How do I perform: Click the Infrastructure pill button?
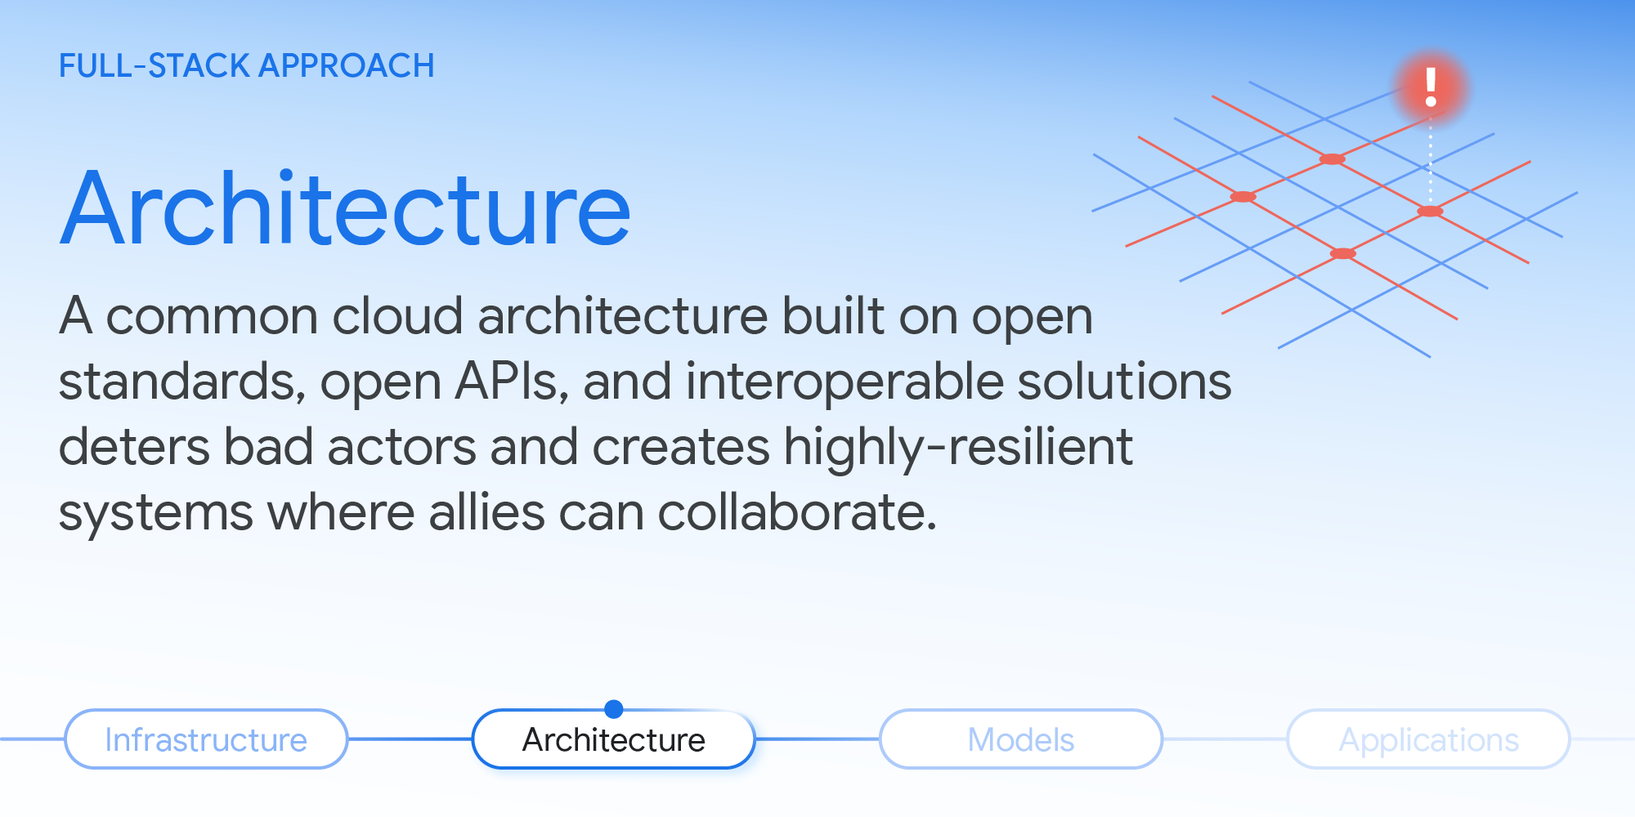(206, 739)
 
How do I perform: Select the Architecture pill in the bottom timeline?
(613, 739)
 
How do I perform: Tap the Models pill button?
(1020, 739)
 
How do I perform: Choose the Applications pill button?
(1428, 739)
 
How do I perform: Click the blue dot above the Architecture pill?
(613, 708)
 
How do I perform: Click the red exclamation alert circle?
(1431, 87)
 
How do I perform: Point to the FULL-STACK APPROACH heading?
(246, 65)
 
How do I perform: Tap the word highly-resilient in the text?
(957, 447)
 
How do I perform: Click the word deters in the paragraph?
(134, 447)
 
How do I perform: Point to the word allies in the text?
(486, 512)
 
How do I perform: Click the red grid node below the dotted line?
(1430, 212)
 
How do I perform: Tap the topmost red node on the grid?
(1332, 159)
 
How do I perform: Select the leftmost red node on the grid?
(1243, 197)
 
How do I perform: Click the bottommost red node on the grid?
(1342, 254)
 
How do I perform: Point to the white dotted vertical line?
(1430, 163)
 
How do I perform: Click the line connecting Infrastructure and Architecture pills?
(410, 739)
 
